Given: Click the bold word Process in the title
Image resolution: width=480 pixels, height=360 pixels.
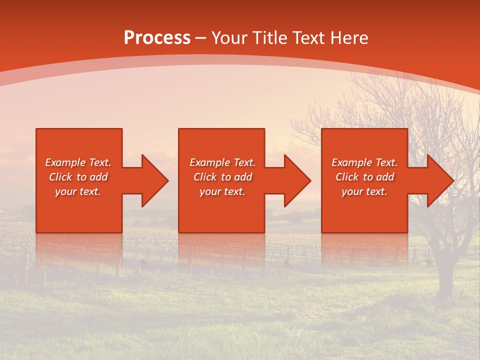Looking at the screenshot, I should (x=157, y=38).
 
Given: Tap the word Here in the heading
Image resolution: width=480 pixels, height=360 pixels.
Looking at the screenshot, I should (x=349, y=38).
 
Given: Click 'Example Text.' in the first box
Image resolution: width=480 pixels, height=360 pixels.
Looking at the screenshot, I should (x=78, y=162).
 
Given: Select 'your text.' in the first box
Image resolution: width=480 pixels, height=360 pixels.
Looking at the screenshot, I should (x=78, y=191).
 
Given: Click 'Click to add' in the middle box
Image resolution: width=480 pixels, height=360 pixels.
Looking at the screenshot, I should (x=222, y=177).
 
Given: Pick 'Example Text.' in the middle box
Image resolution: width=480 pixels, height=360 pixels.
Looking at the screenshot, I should (x=222, y=162).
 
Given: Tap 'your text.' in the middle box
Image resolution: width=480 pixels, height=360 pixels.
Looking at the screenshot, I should (x=222, y=191).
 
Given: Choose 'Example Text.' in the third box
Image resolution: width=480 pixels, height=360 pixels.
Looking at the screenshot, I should (x=364, y=162).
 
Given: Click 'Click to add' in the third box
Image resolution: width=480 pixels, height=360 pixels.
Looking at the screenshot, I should (x=364, y=177).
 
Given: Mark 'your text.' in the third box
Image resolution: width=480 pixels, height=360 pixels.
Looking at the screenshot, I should (x=364, y=191).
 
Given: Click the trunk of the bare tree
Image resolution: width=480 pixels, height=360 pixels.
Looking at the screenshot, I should (x=442, y=270).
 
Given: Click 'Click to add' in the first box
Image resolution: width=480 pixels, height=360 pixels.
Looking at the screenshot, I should (x=78, y=177).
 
